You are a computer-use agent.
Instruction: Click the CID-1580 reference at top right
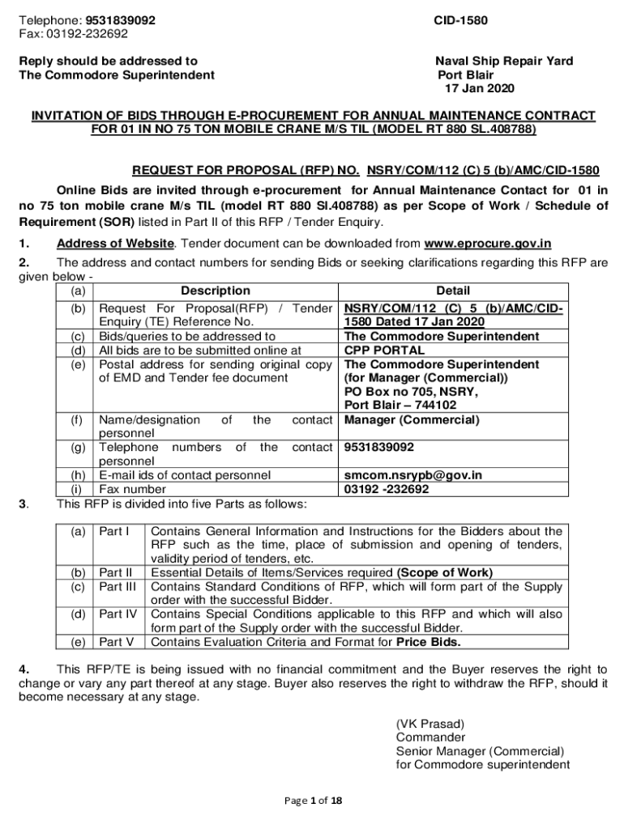(460, 19)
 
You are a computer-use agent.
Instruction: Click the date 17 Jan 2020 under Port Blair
(479, 88)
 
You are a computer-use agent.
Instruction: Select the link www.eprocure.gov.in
(488, 243)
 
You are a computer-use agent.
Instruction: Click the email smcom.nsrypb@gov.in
(413, 475)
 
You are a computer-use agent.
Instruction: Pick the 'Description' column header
(216, 291)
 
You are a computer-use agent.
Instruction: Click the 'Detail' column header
(453, 291)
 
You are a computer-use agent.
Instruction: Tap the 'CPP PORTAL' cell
(384, 351)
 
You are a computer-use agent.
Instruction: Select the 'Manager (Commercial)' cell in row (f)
(412, 420)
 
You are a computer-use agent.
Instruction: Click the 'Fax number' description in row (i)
(132, 490)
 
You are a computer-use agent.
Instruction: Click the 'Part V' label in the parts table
(116, 643)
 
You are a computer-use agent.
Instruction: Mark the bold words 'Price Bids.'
(428, 643)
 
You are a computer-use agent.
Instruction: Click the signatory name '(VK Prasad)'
(430, 723)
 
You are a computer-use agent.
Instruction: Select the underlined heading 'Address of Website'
(114, 243)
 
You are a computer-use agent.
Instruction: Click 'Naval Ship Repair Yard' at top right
(504, 61)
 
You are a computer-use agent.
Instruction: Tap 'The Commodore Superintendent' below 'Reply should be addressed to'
(117, 74)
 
